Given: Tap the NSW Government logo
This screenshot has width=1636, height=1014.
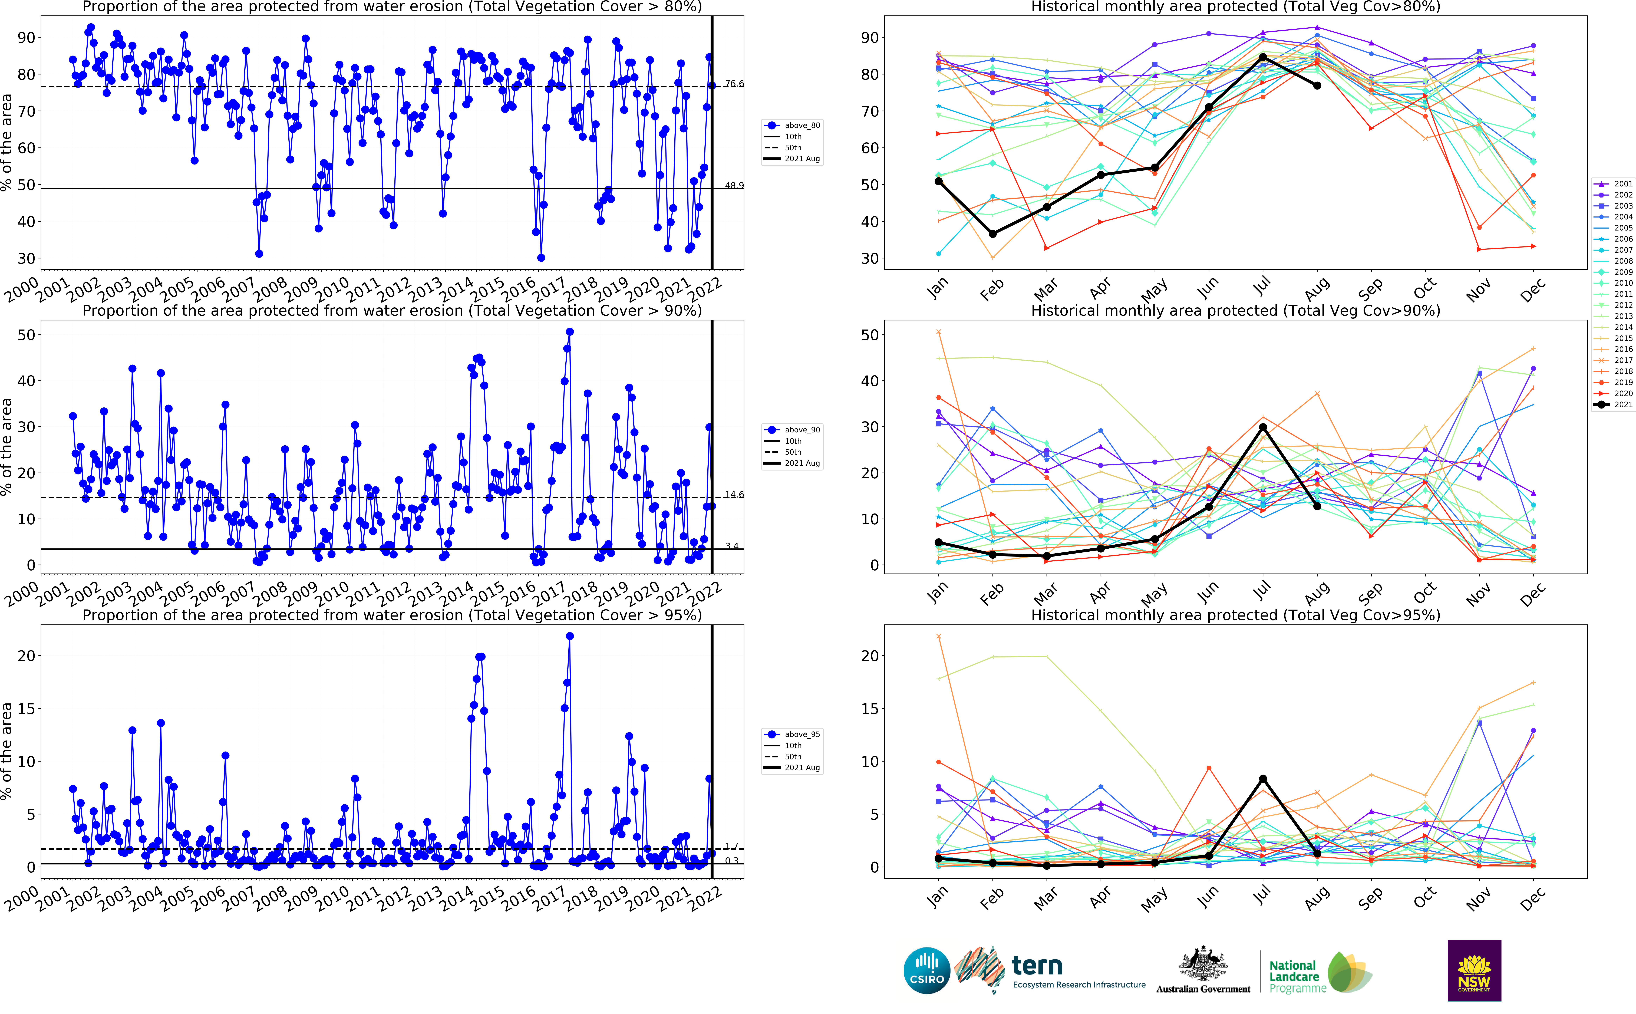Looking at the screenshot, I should click(1474, 970).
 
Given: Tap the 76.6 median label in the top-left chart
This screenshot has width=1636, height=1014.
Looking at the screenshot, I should click(734, 84).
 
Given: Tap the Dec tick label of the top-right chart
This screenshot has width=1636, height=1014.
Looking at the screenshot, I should click(1533, 290).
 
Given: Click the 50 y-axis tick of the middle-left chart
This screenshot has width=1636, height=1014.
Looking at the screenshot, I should click(26, 335).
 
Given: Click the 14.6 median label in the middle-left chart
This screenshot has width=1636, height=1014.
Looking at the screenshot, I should click(734, 495).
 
